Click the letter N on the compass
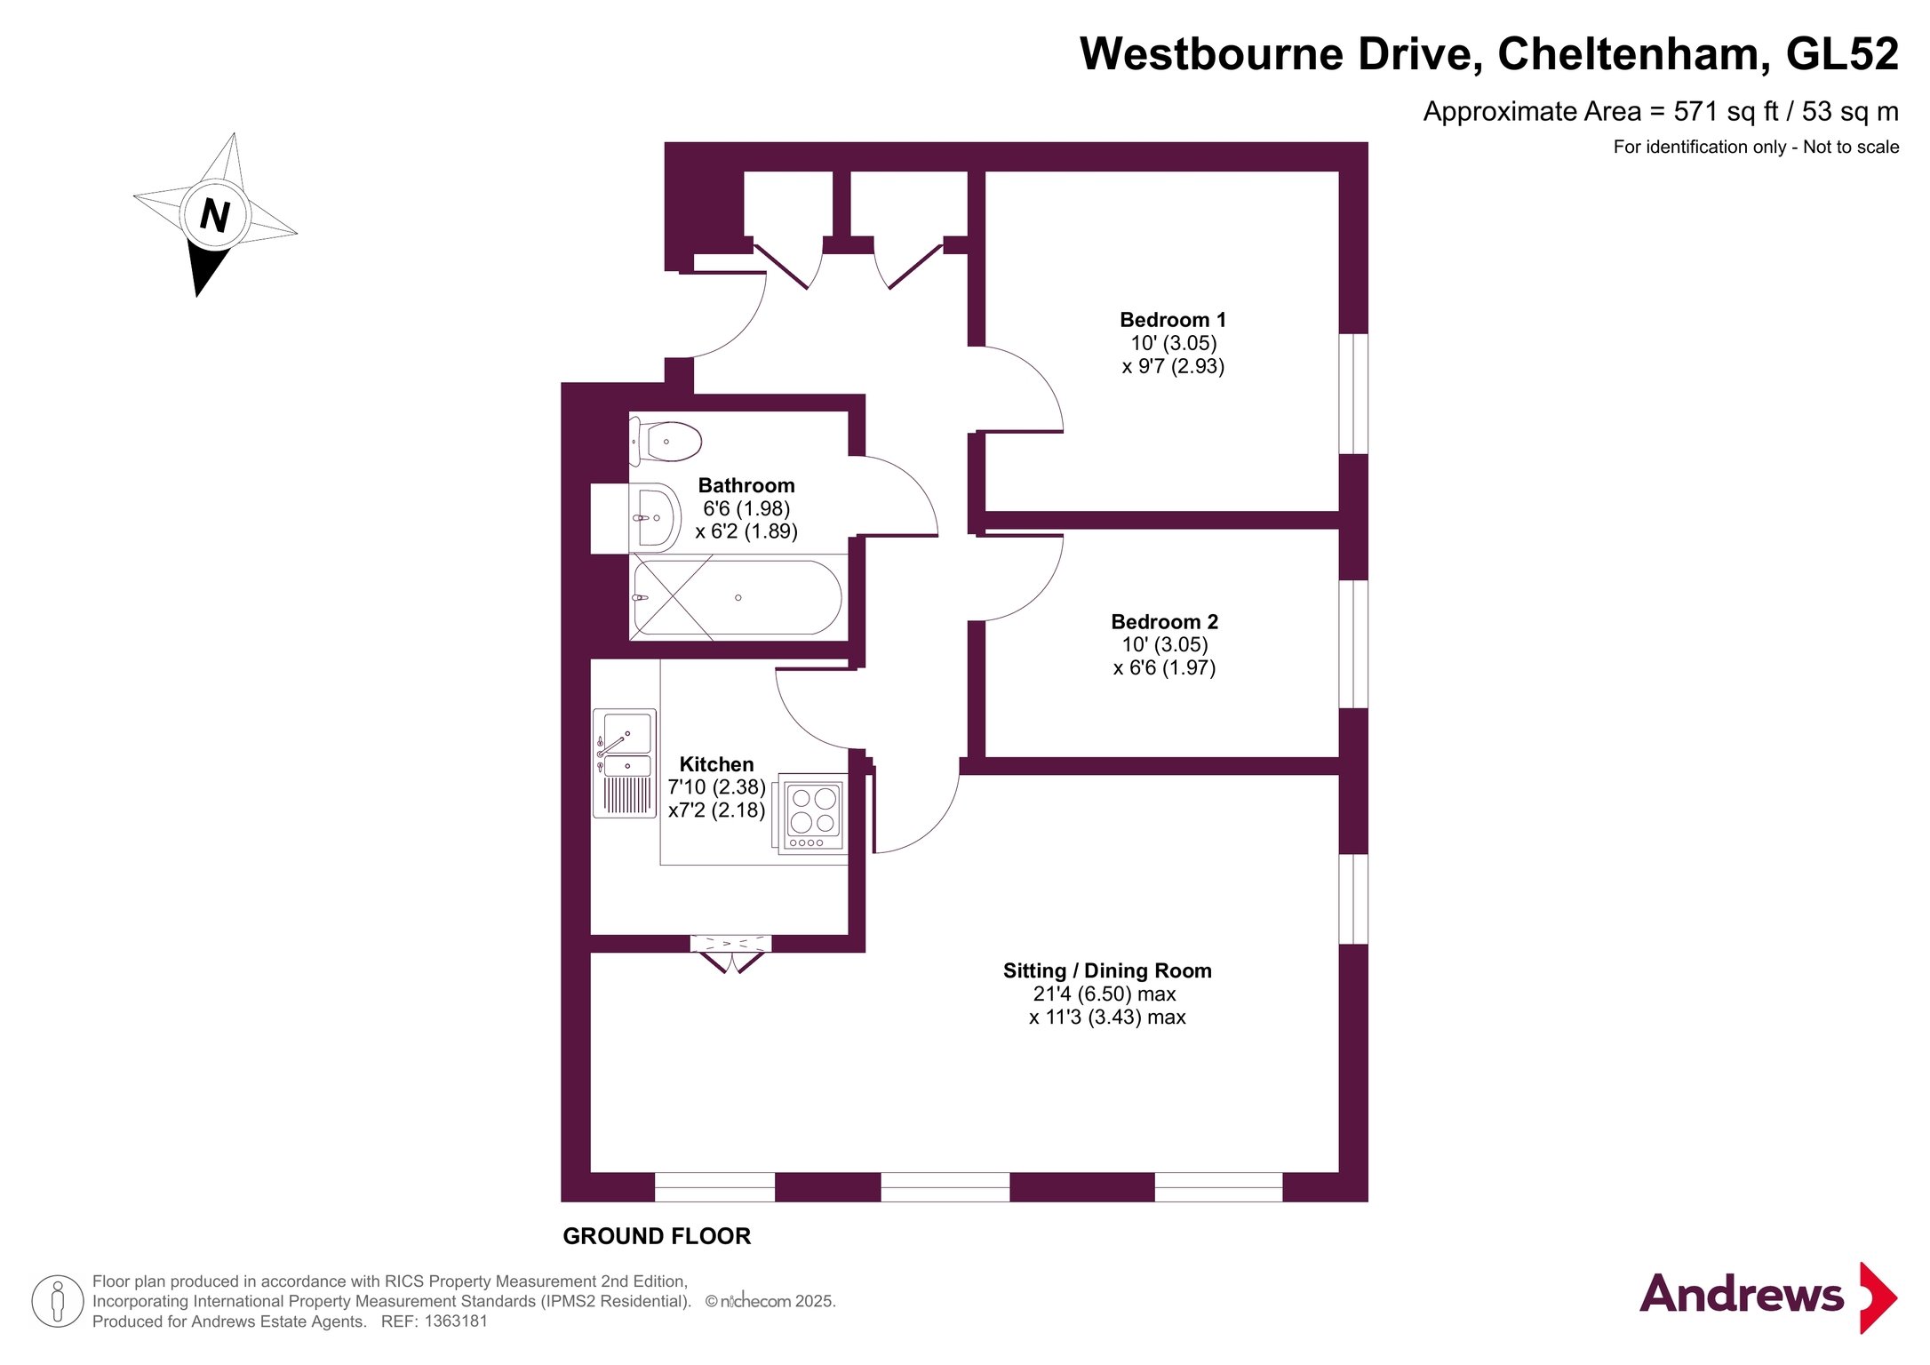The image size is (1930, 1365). point(215,215)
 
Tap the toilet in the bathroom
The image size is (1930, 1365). point(666,442)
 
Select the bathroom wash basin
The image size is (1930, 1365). point(655,518)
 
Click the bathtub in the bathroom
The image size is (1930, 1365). point(736,597)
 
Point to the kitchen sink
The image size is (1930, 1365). point(626,762)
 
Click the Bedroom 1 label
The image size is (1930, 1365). point(1173,320)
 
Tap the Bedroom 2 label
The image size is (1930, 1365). point(1164,622)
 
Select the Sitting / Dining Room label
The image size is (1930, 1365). point(1107,970)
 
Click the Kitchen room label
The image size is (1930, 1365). point(716,764)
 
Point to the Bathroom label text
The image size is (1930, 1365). point(746,485)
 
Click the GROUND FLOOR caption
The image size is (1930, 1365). point(657,1236)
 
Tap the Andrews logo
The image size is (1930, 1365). point(1767,1297)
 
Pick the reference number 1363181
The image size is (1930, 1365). point(456,1321)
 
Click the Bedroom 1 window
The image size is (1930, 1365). point(1353,394)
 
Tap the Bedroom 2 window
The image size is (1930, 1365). point(1353,644)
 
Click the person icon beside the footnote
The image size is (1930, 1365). point(58,1301)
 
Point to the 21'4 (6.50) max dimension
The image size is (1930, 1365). point(1105,994)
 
